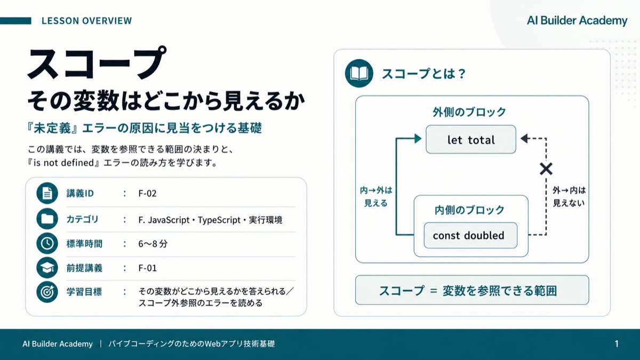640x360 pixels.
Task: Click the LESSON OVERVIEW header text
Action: click(x=86, y=21)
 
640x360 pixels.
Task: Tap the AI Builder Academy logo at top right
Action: click(x=577, y=21)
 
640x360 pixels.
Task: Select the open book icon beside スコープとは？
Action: click(x=359, y=74)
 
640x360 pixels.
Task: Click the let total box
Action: click(x=471, y=139)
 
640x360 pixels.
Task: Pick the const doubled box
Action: click(x=470, y=235)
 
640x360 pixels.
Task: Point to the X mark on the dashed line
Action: click(x=546, y=169)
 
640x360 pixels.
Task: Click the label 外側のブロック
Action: click(x=469, y=112)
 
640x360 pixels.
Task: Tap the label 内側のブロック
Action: click(x=469, y=210)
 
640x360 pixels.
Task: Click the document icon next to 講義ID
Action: click(x=47, y=193)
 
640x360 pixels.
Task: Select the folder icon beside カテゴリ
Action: click(x=47, y=219)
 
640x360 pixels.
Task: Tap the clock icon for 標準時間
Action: click(x=47, y=243)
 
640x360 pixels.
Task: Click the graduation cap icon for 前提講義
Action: click(x=47, y=268)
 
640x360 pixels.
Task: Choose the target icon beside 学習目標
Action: click(x=47, y=292)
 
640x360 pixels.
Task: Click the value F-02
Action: click(x=147, y=194)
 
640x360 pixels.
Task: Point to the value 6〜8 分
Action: click(x=153, y=244)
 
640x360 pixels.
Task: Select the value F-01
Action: click(x=147, y=268)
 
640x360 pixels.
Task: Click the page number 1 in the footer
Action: click(x=617, y=343)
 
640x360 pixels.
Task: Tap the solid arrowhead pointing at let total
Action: click(x=418, y=139)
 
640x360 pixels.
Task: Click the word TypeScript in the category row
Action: click(x=219, y=220)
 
